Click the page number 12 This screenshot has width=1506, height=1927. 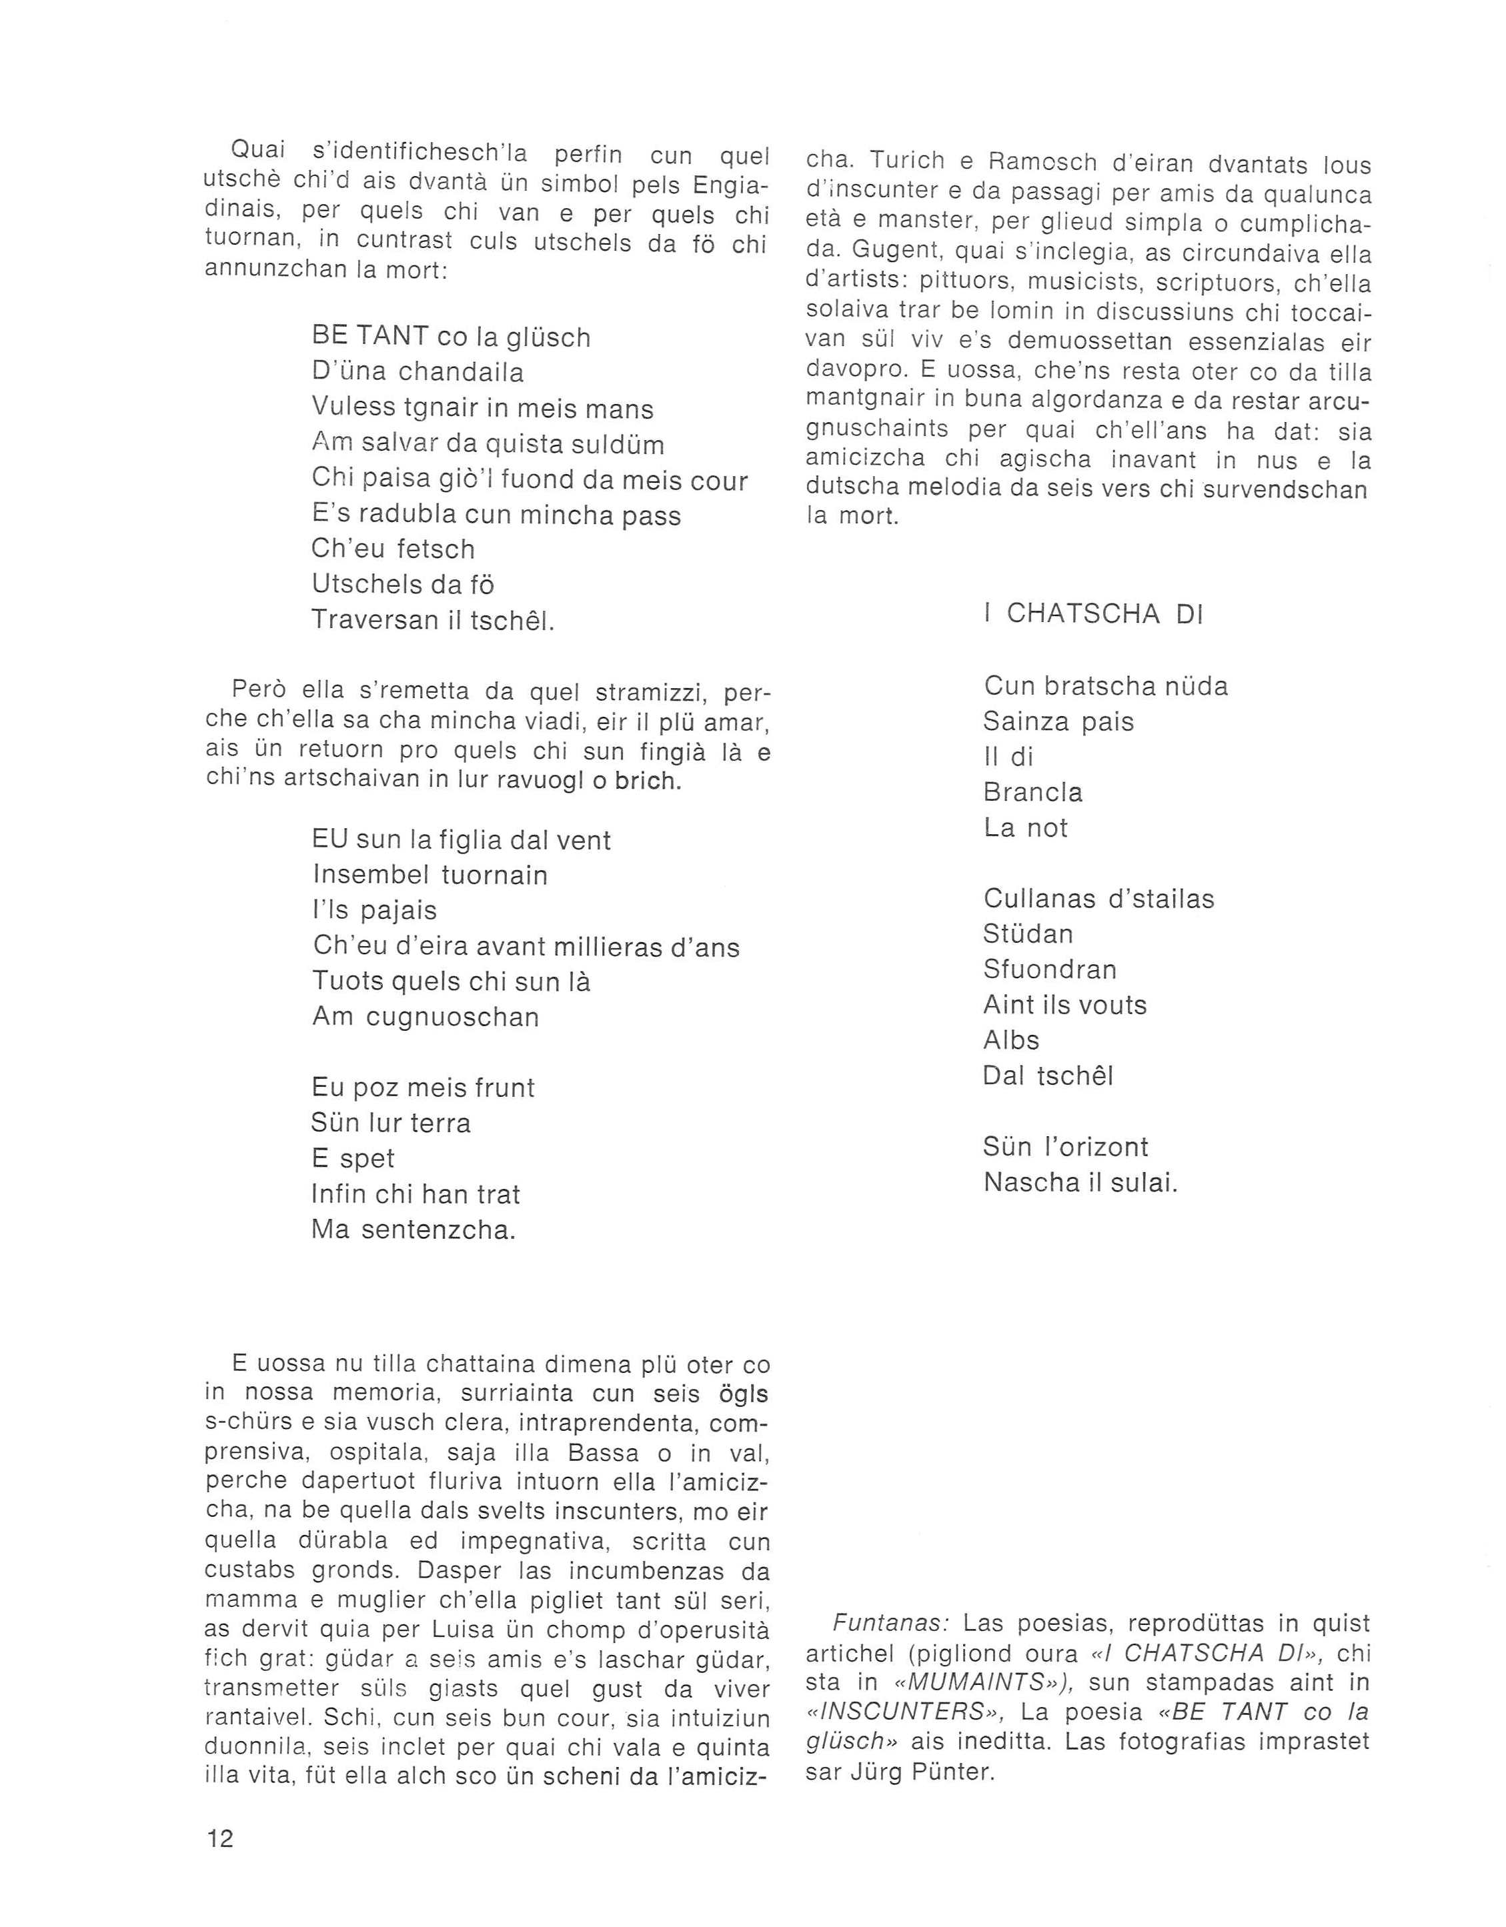coord(220,1839)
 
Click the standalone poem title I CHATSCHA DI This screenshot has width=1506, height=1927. coord(1093,614)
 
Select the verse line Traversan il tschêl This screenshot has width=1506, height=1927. coord(433,620)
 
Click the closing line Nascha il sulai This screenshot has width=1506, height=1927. coord(1080,1182)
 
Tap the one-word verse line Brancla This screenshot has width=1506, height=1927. coord(1032,792)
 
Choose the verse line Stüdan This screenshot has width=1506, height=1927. coord(1028,933)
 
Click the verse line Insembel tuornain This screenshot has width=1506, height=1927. coord(430,875)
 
